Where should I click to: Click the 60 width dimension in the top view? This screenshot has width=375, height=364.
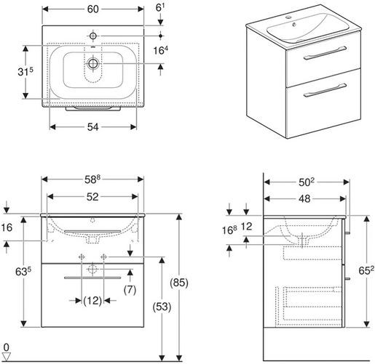(93, 9)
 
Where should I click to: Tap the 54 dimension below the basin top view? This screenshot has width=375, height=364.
(92, 127)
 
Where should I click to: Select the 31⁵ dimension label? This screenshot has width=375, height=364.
(25, 72)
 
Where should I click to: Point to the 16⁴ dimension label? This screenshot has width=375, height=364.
(160, 50)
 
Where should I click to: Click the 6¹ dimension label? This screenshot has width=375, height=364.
(160, 8)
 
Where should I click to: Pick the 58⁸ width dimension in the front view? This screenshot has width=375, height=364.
(92, 179)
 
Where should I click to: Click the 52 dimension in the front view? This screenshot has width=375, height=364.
(92, 197)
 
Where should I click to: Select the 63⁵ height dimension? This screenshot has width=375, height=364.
(23, 272)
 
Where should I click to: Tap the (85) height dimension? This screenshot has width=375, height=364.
(179, 283)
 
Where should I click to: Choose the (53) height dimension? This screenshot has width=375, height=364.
(162, 307)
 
